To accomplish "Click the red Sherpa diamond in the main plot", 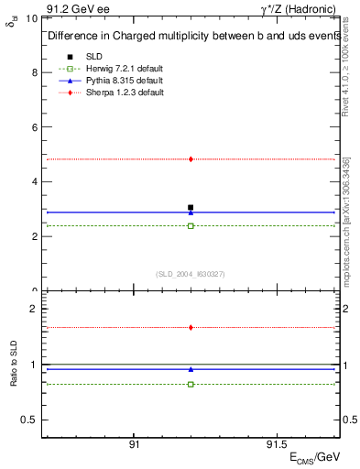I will tap(191, 159).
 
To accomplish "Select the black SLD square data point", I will tap(191, 207).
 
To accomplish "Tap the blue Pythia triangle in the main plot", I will tap(191, 213).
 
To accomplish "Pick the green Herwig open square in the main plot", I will tap(191, 225).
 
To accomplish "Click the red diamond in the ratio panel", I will tap(191, 327).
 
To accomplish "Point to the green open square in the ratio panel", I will tap(191, 384).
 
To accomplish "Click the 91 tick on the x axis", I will tap(134, 443).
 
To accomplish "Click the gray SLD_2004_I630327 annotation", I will tap(191, 274).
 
